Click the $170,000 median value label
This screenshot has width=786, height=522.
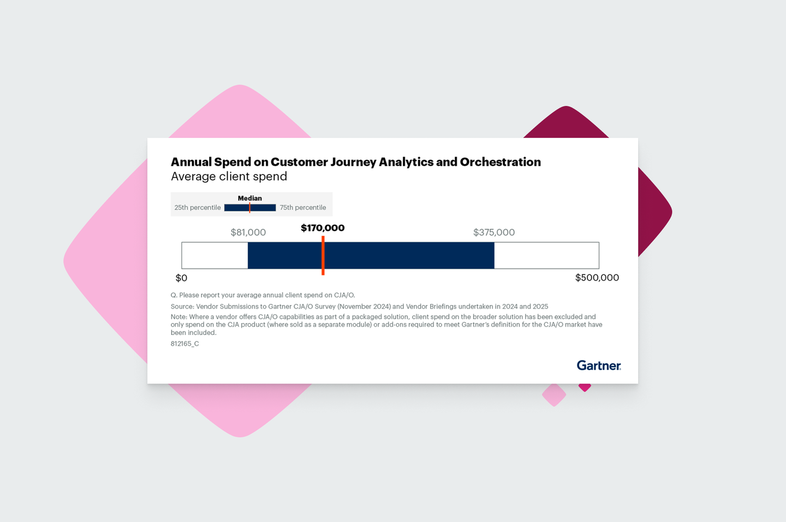coord(323,228)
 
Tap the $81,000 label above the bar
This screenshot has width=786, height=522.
coord(248,232)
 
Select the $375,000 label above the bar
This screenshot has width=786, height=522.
coord(494,232)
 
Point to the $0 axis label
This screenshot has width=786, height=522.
coord(181,278)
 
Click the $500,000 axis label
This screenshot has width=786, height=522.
coord(597,278)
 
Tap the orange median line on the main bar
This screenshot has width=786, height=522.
coord(323,255)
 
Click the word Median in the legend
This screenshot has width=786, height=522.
coord(250,199)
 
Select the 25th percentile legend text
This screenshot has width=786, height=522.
coord(198,208)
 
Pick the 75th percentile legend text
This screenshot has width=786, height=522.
coord(303,208)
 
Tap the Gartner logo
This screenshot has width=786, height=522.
coord(599,365)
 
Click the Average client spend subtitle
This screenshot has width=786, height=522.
coord(229,177)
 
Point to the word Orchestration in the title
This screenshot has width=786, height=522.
coord(500,162)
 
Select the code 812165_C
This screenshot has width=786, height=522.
coord(185,344)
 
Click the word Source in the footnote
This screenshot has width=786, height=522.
coord(182,307)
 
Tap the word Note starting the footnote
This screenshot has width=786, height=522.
coord(178,317)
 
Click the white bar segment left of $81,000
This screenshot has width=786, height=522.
coord(215,255)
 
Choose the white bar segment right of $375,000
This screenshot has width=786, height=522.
coord(546,255)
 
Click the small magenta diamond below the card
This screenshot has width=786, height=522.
coord(585,387)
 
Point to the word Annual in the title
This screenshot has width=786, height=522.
coord(191,162)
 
